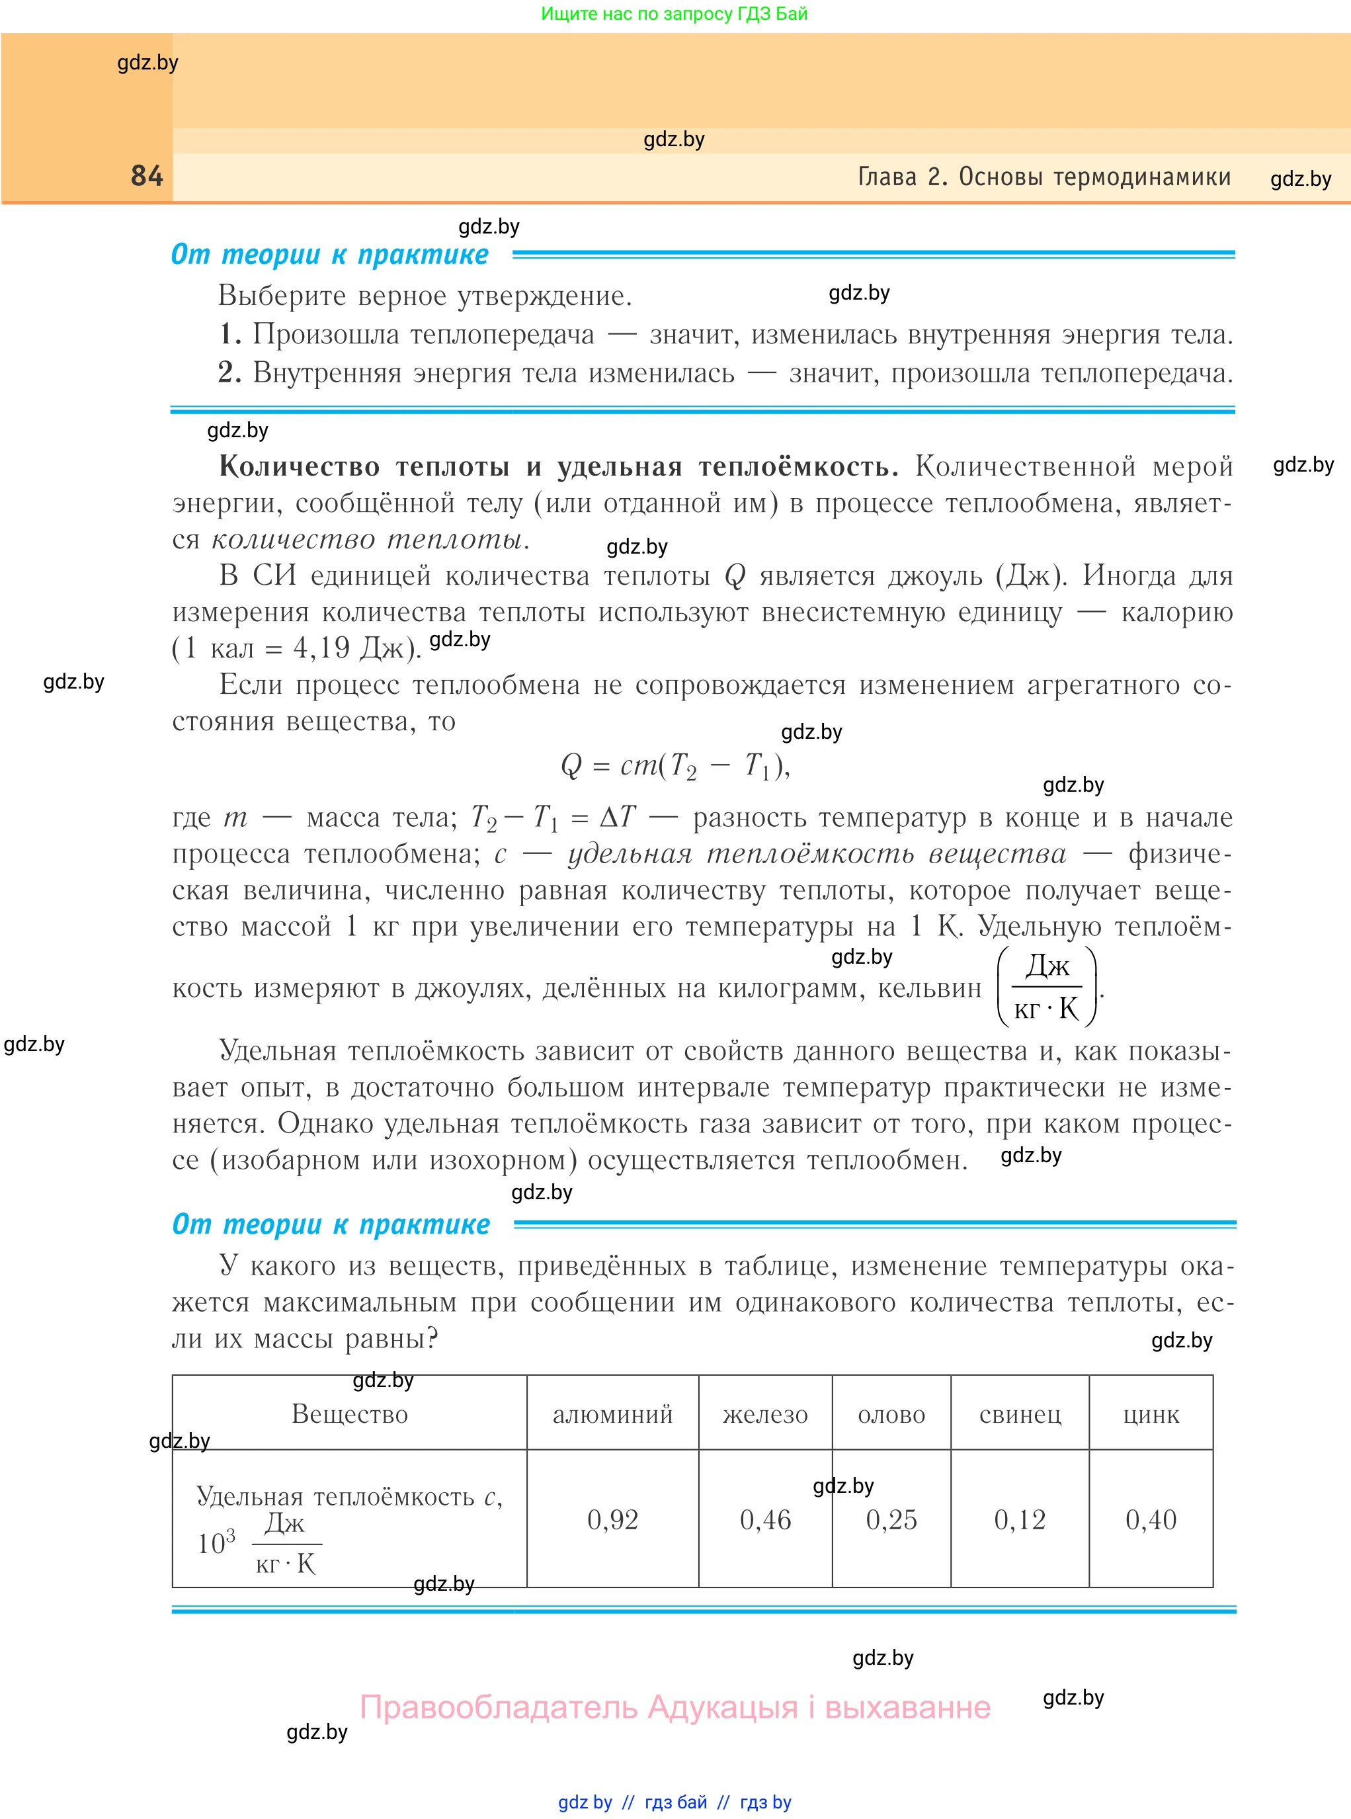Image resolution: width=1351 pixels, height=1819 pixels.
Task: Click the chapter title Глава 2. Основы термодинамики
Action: click(1044, 177)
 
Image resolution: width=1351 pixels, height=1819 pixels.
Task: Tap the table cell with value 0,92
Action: click(612, 1519)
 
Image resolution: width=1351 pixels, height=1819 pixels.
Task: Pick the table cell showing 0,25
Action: click(891, 1519)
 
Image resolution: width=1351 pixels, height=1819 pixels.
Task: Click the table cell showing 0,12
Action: click(1019, 1519)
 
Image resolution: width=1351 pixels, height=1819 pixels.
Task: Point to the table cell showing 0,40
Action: click(1150, 1519)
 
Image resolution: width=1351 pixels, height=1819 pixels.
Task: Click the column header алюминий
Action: click(612, 1414)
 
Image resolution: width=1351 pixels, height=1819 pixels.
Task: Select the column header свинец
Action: click(1019, 1414)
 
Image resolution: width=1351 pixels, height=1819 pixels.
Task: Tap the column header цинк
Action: click(1150, 1414)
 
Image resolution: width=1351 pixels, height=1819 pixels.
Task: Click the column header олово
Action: click(891, 1414)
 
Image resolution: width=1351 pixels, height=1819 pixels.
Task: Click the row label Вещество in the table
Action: click(349, 1414)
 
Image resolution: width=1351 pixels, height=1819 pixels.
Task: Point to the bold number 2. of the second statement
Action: click(230, 372)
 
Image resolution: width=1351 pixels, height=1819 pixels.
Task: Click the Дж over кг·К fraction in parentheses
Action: click(1047, 987)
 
